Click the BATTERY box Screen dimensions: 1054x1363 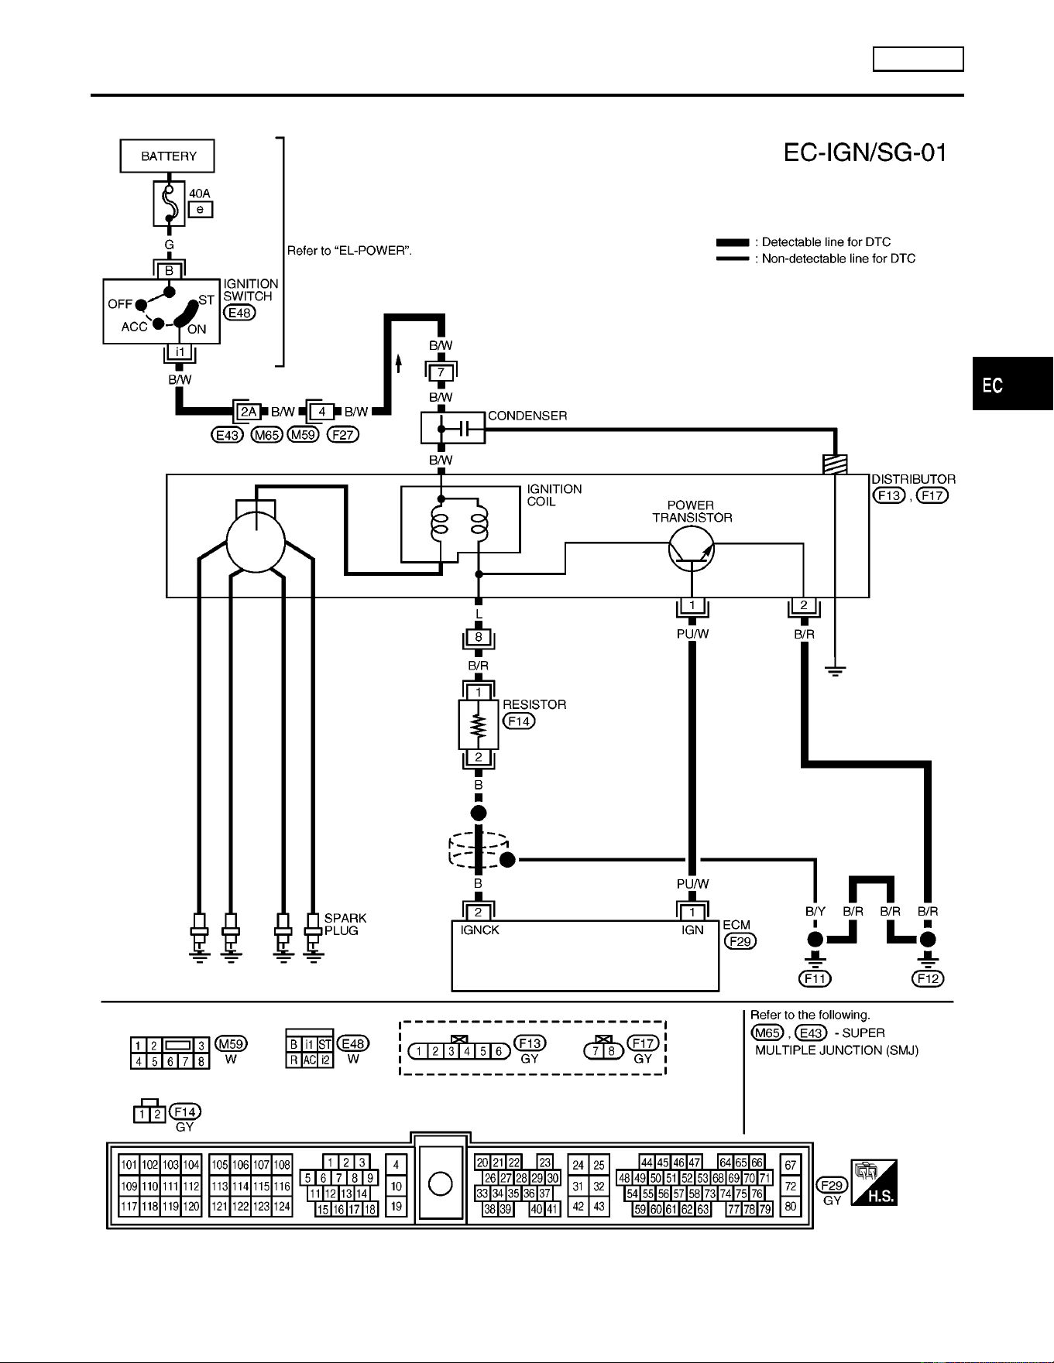tap(167, 156)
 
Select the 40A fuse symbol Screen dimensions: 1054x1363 tap(169, 204)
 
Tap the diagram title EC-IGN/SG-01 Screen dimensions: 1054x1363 tap(865, 152)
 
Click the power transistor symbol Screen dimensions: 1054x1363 tap(692, 549)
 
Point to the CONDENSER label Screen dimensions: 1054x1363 tap(527, 416)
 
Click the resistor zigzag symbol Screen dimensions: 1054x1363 tap(479, 725)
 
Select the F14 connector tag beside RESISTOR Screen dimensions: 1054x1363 tap(519, 721)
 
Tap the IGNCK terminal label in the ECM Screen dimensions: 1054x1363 tap(479, 930)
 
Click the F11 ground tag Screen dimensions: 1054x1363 tap(815, 978)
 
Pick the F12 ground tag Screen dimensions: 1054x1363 tap(928, 978)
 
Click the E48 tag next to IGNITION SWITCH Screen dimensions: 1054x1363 tap(239, 313)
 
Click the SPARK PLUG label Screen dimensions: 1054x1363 tap(345, 924)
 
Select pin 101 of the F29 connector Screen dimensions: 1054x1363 tap(129, 1165)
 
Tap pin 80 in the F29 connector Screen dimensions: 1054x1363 tap(791, 1206)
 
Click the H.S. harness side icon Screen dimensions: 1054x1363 tap(874, 1183)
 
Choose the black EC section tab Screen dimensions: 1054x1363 tap(1013, 384)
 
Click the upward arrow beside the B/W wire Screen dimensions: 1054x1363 tap(398, 363)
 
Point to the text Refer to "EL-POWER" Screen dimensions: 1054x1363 tap(349, 251)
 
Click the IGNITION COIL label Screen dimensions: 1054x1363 tap(554, 495)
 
